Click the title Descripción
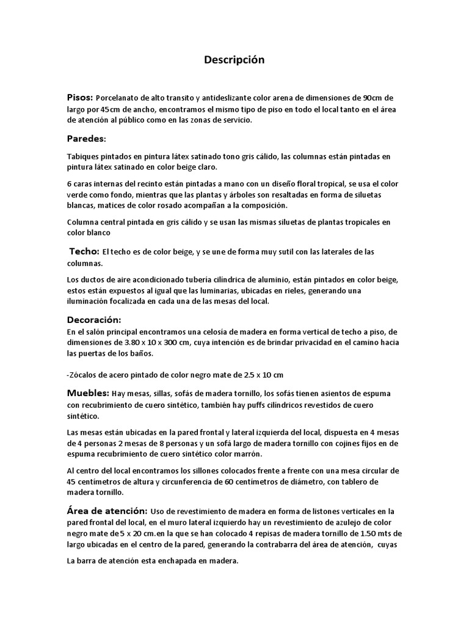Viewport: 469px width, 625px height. [234, 60]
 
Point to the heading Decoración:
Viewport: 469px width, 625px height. [94, 320]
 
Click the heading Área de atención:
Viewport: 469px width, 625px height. [106, 510]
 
